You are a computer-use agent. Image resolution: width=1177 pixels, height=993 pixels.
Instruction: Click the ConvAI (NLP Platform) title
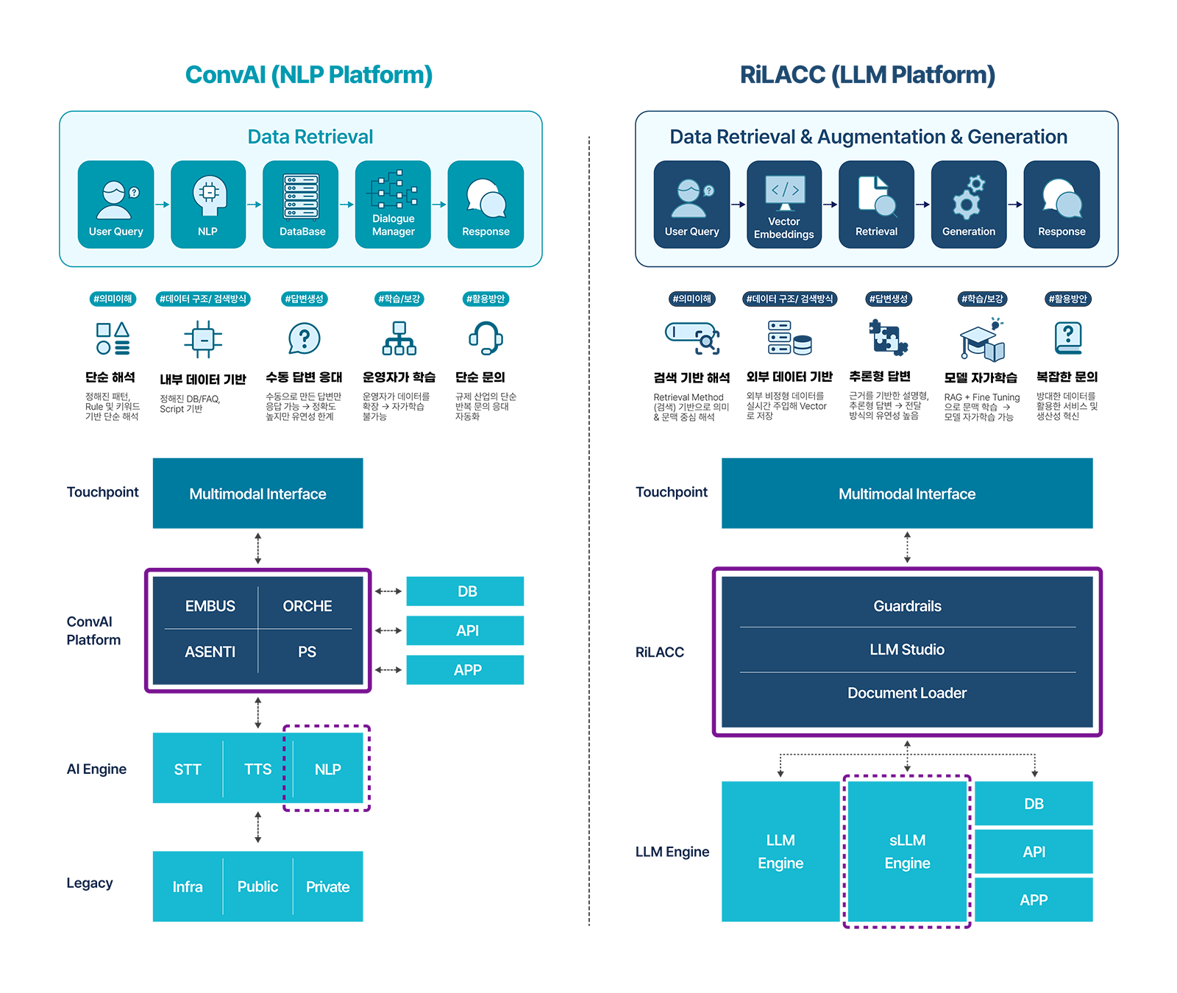click(x=308, y=75)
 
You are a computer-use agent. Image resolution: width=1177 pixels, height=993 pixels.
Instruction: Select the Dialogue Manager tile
click(x=393, y=204)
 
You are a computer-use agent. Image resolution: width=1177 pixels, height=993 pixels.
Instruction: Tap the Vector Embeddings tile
click(x=783, y=204)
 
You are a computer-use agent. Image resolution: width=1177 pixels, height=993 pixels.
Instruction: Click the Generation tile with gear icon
click(x=968, y=204)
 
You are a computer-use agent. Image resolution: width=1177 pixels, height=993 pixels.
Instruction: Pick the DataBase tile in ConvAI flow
click(x=301, y=204)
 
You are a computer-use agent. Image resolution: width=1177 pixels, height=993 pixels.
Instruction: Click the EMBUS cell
click(x=210, y=606)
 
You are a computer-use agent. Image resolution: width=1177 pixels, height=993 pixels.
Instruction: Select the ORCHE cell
click(x=307, y=606)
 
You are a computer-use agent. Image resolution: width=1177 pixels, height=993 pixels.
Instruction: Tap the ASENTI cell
click(x=210, y=652)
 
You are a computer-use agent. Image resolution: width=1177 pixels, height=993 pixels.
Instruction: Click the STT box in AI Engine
click(x=188, y=769)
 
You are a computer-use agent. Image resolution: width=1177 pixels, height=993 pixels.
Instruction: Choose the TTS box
click(x=257, y=769)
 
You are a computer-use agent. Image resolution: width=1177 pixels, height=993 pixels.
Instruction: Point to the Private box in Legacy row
click(x=328, y=887)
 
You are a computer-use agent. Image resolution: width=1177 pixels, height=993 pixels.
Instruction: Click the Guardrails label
click(x=907, y=606)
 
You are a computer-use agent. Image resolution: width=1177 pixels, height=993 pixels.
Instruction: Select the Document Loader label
click(x=907, y=693)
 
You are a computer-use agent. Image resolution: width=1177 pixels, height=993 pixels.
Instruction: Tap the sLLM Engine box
click(x=907, y=852)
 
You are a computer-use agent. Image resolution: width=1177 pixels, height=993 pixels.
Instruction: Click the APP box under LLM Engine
click(x=1034, y=900)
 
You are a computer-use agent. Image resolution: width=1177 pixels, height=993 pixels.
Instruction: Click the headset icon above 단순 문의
click(x=486, y=338)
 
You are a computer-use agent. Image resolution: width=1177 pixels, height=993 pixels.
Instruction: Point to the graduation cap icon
click(x=982, y=341)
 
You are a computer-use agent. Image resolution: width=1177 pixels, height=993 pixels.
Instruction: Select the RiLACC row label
click(x=660, y=652)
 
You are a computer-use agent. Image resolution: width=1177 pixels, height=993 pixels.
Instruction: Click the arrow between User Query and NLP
click(x=163, y=204)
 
